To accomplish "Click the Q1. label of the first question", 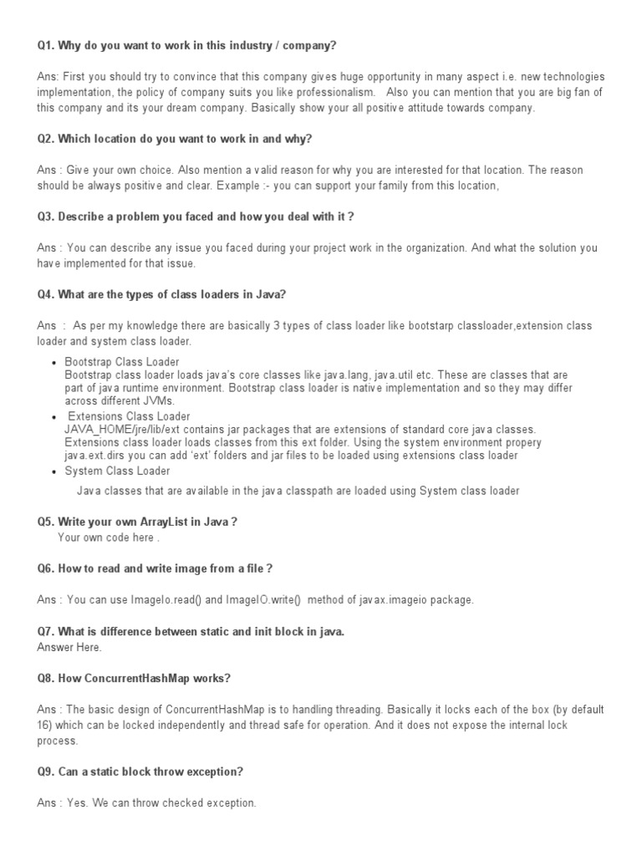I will point(46,45).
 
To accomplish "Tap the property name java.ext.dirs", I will point(95,456).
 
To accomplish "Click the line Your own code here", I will point(108,538).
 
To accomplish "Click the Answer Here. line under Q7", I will point(69,647).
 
